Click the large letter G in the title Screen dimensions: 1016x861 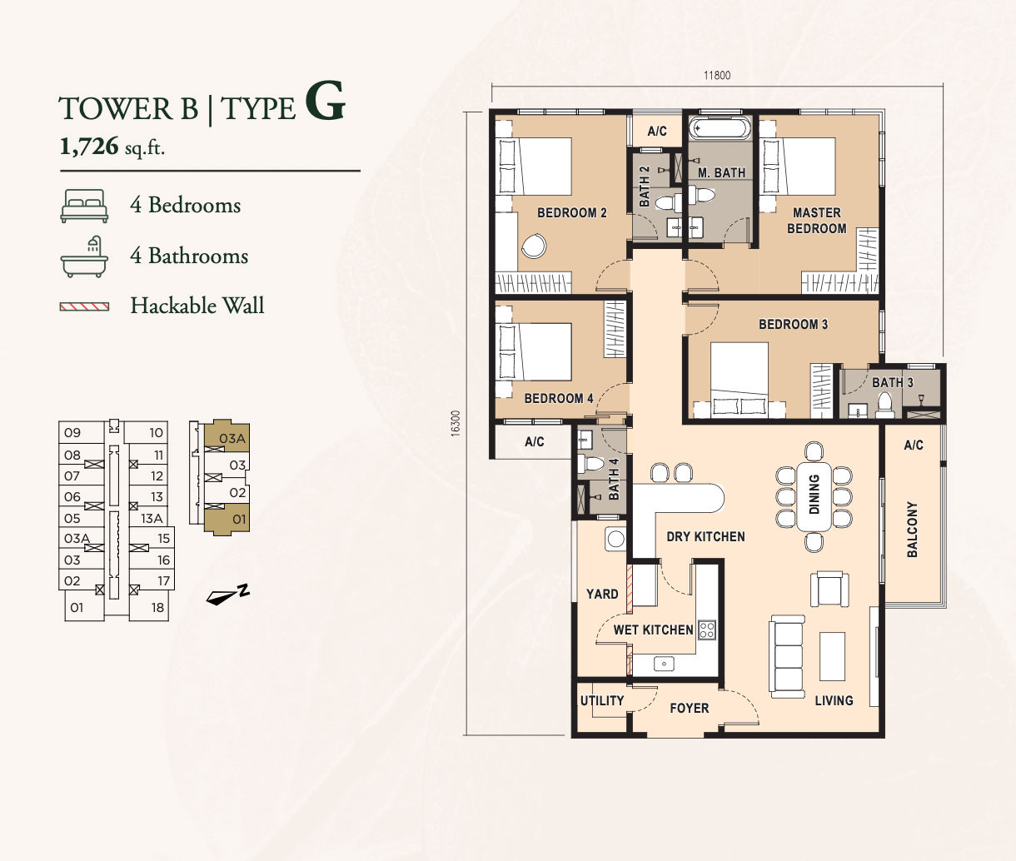[x=325, y=102]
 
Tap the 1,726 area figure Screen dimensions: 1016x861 [x=89, y=146]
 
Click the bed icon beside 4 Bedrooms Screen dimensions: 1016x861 [x=84, y=206]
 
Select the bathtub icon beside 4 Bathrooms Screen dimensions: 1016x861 [x=84, y=256]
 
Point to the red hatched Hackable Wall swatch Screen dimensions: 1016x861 [x=84, y=307]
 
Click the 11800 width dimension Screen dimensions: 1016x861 [x=717, y=75]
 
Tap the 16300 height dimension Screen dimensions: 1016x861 [x=456, y=423]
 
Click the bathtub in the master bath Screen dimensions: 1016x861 [x=720, y=129]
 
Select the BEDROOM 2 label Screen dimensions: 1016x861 [x=571, y=213]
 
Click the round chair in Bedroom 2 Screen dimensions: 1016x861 [x=534, y=246]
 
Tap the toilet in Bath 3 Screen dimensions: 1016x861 [x=884, y=405]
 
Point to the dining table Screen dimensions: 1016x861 [x=814, y=496]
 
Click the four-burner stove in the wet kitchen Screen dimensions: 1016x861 [x=707, y=630]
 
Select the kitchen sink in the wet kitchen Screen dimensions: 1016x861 [x=664, y=664]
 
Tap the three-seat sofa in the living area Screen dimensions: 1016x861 [x=787, y=656]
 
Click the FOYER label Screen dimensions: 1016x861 [x=689, y=708]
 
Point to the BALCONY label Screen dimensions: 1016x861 [x=912, y=530]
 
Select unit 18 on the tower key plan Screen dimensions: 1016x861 [x=157, y=607]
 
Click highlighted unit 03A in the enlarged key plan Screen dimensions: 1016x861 [x=227, y=438]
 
